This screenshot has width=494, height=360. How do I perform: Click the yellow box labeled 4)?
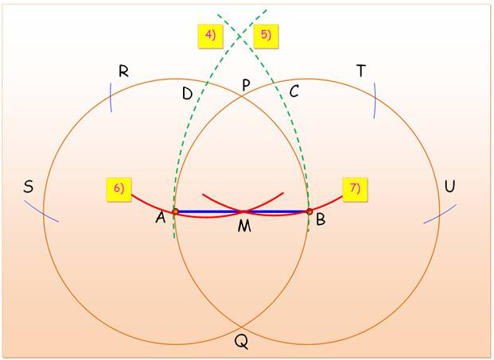211,36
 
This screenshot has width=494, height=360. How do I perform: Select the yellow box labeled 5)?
266,36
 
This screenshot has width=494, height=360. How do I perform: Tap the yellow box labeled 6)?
119,189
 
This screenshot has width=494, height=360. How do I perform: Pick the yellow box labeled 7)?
355,189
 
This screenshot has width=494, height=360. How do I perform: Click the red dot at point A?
176,211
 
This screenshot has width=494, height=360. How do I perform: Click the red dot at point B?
309,211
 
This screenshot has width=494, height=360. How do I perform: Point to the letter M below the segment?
244,226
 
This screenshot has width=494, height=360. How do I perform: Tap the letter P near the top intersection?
246,85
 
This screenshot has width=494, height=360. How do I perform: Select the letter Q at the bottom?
241,342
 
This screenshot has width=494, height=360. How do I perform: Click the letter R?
124,71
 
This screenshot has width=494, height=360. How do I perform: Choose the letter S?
29,187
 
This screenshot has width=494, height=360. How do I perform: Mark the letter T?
361,71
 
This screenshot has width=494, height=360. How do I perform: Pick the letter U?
450,186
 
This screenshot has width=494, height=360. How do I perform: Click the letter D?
188,94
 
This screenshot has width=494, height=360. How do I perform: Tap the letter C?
294,91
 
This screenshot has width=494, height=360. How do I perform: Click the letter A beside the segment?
161,217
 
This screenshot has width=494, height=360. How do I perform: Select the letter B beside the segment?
321,219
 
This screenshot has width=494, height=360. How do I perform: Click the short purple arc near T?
375,100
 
